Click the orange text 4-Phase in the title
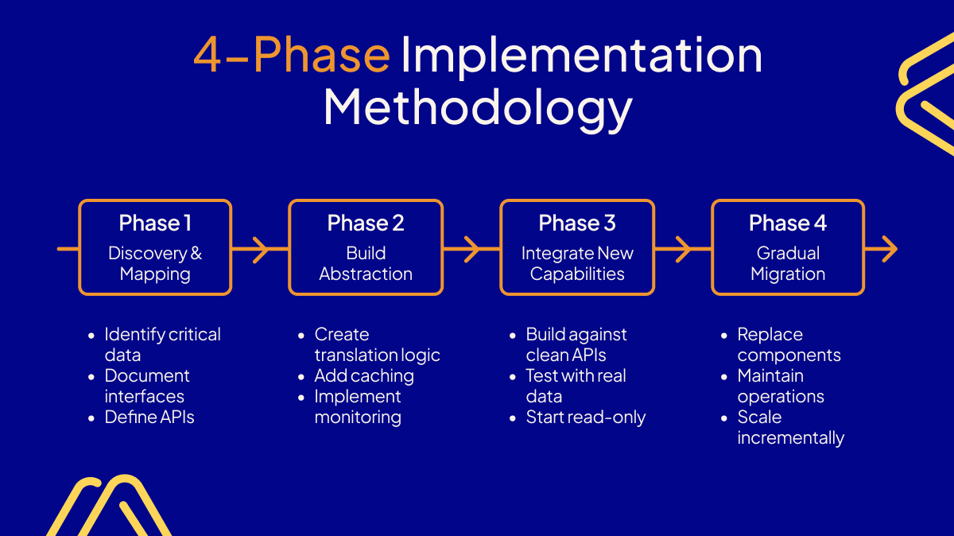291,56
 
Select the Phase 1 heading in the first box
155,223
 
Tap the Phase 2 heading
366,223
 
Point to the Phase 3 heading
577,223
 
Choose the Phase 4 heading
788,223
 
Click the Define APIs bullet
149,417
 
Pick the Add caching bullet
364,375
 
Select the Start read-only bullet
586,417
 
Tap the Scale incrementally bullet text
790,428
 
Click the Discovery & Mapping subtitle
155,263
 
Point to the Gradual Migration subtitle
788,263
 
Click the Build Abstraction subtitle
366,263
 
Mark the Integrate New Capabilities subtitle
577,263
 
